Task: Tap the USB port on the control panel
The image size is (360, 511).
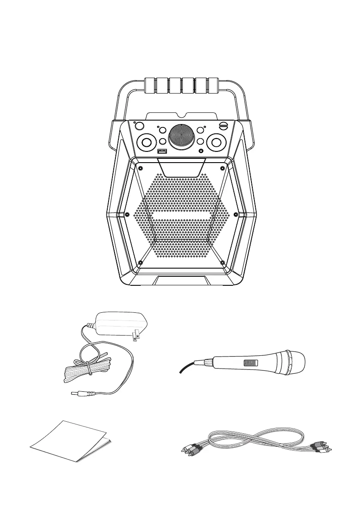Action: [x=162, y=151]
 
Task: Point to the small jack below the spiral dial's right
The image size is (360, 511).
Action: [x=201, y=151]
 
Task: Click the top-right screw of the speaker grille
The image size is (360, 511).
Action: [x=222, y=167]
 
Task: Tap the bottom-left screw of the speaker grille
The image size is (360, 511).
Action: [x=140, y=262]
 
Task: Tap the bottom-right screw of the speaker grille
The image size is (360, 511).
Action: [x=222, y=262]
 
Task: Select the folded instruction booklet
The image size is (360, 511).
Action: [x=71, y=442]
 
